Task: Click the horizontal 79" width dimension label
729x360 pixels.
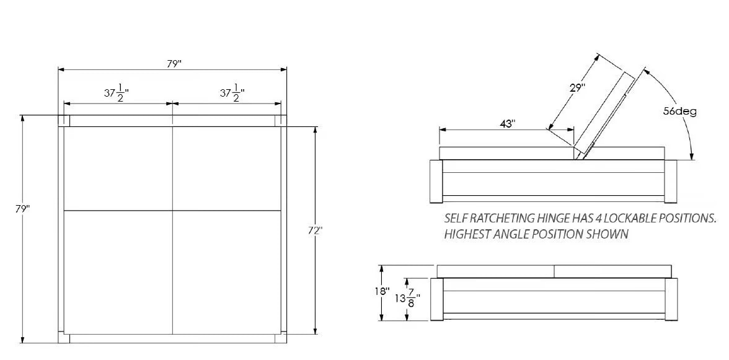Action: point(174,64)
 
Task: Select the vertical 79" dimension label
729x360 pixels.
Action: point(22,209)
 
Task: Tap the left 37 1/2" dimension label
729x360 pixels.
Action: point(117,92)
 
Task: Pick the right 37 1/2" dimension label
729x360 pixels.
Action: point(232,92)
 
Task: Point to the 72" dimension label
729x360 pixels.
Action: point(315,231)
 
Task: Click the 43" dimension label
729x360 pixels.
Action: point(508,123)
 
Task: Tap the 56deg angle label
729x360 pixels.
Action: point(680,112)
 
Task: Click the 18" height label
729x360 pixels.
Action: point(382,291)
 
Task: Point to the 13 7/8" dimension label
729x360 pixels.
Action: point(408,298)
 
